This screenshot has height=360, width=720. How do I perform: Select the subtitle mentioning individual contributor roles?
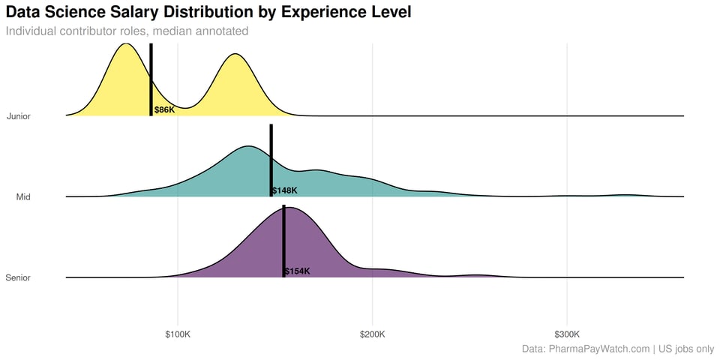127,31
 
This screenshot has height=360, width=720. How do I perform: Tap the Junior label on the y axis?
18,116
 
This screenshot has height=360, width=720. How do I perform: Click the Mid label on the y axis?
23,197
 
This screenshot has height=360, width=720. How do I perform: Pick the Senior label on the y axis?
18,278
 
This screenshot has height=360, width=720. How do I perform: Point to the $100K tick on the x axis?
178,334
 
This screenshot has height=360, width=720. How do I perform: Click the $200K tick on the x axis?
372,334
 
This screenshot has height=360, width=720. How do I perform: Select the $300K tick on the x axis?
567,334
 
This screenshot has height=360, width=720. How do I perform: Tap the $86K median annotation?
164,110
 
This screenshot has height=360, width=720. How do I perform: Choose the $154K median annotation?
297,271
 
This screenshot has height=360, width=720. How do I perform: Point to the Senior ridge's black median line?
283,240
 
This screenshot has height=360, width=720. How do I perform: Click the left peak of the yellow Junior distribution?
126,46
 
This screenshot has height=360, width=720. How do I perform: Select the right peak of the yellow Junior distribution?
236,56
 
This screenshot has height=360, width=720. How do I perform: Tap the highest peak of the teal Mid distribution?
247,148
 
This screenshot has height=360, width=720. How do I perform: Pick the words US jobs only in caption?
686,349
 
